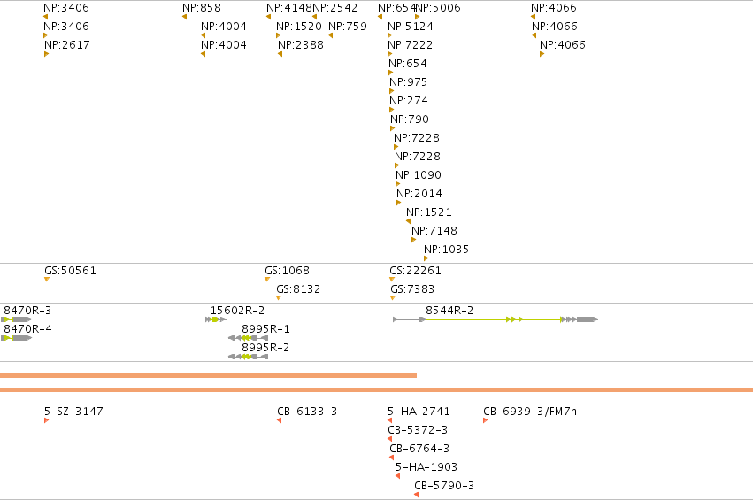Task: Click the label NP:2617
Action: [66, 44]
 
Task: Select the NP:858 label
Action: [202, 8]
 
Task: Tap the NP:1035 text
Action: [446, 250]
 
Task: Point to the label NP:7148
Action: [434, 231]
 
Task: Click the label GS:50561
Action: [70, 271]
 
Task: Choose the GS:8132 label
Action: [298, 289]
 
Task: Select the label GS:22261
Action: [415, 271]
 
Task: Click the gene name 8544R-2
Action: [449, 311]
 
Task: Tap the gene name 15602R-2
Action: [238, 311]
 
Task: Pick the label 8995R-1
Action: [265, 329]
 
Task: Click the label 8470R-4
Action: [27, 329]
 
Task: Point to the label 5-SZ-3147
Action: [73, 412]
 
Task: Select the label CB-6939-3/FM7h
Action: [530, 412]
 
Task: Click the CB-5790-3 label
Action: [444, 486]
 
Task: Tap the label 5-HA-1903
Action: [426, 467]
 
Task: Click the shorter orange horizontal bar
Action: [209, 375]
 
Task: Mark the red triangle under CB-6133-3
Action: [279, 420]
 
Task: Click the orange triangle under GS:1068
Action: [267, 280]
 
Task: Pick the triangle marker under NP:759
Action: [330, 35]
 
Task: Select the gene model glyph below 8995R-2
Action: [248, 357]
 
